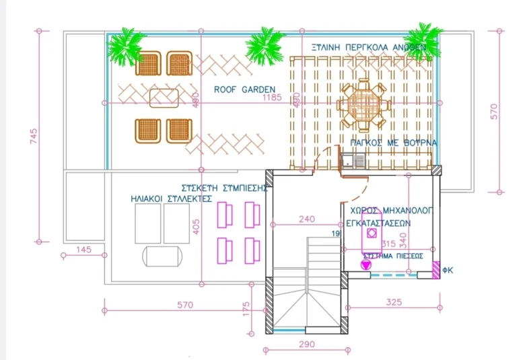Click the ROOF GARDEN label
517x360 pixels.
coord(244,89)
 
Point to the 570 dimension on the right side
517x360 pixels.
coord(494,111)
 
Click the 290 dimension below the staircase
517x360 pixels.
coord(306,345)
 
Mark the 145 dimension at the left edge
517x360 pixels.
coord(83,250)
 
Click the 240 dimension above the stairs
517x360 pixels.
coord(306,219)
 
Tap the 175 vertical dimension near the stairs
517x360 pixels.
coord(246,308)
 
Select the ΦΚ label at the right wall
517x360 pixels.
coord(448,271)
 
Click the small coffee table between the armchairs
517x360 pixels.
coord(164,98)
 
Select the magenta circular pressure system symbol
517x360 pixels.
coord(366,265)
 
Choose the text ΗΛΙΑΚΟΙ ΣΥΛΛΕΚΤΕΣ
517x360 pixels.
coord(172,199)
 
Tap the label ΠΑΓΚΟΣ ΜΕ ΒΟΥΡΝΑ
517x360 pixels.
coord(393,143)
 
